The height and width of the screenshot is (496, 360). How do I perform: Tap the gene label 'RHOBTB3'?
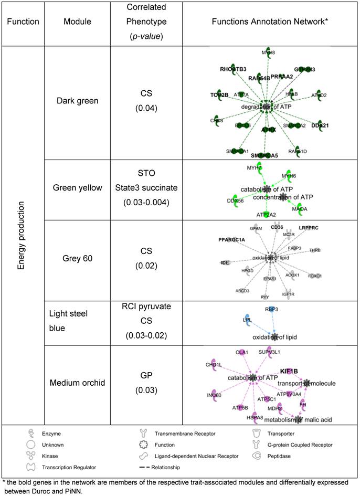point(233,69)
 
